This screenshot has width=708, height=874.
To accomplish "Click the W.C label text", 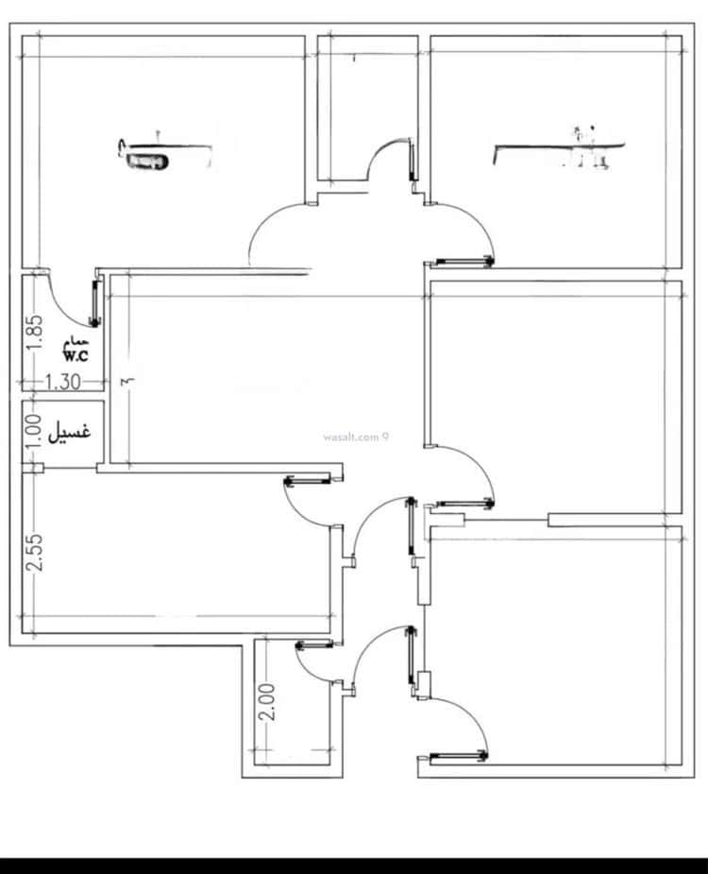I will point(76,356).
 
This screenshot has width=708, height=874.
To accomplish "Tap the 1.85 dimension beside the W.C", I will point(34,333).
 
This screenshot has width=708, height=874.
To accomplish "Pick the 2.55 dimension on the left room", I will point(34,553).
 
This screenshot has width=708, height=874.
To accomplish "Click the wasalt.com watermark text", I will point(356,437).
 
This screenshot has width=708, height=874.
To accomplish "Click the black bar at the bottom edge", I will point(354,865).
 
